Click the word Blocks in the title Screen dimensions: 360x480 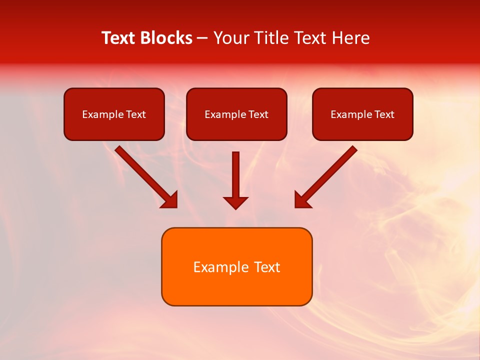166,38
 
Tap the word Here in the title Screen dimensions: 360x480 350,38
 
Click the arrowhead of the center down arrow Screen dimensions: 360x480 235,202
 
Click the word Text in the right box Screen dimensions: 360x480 384,114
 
